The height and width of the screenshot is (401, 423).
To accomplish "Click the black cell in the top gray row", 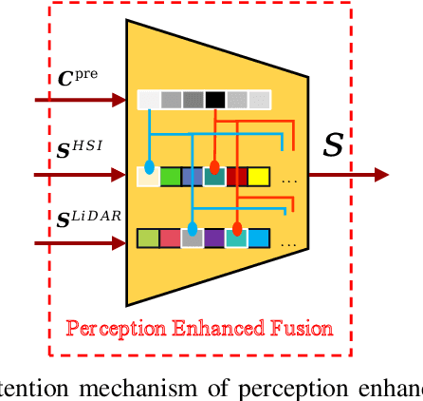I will pos(215,99).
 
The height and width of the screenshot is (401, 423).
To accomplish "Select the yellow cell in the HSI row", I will pos(259,176).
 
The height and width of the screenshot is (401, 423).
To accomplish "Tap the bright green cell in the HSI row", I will pos(171,176).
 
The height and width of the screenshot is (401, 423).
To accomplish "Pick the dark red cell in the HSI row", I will pos(237,176).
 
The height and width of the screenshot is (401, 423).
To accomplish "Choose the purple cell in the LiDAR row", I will pos(214,238).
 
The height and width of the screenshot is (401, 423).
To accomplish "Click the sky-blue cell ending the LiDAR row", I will pos(259,238).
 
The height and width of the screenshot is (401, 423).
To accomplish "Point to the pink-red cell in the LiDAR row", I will pos(170,238).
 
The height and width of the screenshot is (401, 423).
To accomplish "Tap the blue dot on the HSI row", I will pos(149,167).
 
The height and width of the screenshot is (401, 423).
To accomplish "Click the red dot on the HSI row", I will pos(214,167).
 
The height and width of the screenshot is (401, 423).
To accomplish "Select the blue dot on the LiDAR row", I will pos(193,229).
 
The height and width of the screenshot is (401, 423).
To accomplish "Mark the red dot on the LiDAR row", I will pos(237,229).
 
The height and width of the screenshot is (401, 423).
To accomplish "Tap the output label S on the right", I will pos(334,145).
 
